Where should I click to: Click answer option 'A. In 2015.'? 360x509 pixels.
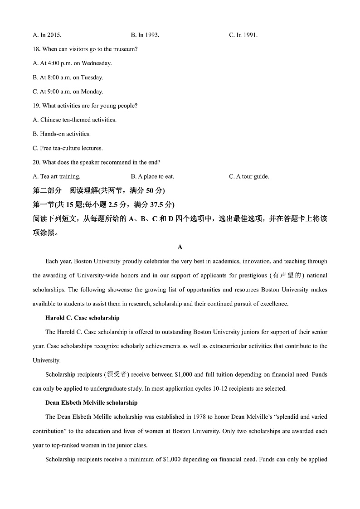click(47, 35)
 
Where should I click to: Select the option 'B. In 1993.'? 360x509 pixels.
click(145, 35)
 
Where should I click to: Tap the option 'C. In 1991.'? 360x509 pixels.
click(243, 35)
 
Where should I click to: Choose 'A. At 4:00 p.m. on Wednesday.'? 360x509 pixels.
click(73, 63)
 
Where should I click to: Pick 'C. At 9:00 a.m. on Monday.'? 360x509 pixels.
click(68, 92)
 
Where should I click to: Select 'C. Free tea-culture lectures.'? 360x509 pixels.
click(68, 148)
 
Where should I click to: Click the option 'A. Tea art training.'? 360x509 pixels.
click(57, 176)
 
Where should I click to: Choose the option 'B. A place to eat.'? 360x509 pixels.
click(152, 176)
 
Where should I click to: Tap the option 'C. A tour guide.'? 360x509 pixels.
click(249, 176)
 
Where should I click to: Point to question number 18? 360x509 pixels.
click(37, 49)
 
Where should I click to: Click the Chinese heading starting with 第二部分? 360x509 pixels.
click(99, 190)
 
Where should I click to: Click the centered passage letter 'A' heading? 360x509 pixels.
click(180, 247)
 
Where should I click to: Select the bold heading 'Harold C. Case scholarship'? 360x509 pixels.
click(83, 318)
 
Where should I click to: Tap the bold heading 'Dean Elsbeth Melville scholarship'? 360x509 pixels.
click(91, 402)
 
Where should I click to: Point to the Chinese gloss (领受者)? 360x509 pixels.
click(117, 374)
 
